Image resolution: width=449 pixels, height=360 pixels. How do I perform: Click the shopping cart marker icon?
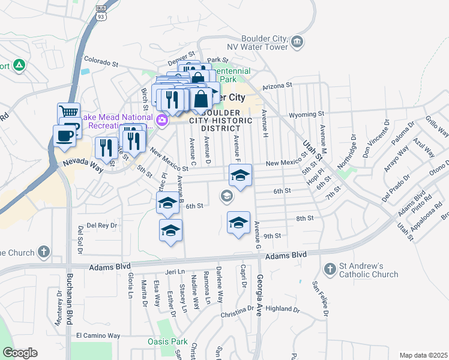tap(69, 113)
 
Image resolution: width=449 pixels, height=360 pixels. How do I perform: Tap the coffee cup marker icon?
tap(64, 136)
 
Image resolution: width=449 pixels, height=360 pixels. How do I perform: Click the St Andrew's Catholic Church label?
tap(369, 270)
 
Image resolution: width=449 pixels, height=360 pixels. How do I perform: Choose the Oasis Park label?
tap(167, 341)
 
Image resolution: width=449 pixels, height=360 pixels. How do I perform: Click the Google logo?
tap(20, 352)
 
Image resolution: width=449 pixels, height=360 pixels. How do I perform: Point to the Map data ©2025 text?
tap(423, 355)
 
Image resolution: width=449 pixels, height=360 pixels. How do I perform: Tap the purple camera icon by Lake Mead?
tap(161, 121)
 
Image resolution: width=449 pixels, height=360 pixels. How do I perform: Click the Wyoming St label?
tap(306, 113)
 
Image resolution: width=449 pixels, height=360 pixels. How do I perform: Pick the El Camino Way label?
tap(98, 335)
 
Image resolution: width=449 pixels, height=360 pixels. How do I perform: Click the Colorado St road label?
tap(102, 61)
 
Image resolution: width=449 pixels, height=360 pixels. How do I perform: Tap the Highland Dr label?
tap(282, 309)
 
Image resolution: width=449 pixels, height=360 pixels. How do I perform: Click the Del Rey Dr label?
tap(101, 226)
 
